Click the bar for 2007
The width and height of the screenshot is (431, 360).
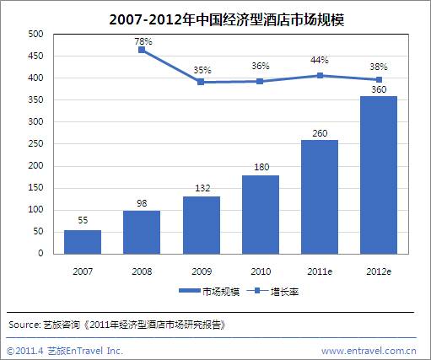[x=83, y=242]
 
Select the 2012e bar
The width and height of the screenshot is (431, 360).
[x=379, y=175]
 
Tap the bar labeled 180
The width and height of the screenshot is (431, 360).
[x=261, y=215]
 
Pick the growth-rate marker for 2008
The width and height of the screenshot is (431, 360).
[x=142, y=50]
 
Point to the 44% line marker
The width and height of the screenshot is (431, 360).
[x=320, y=75]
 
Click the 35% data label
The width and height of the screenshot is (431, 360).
[x=202, y=70]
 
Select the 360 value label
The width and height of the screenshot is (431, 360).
[x=379, y=89]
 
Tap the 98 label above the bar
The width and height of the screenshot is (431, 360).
[x=142, y=203]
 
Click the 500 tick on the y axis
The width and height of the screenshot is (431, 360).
[x=35, y=34]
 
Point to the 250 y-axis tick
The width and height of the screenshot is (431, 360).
[x=35, y=143]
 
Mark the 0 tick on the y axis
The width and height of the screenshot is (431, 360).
[x=40, y=253]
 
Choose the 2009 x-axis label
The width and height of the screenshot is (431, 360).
[x=202, y=271]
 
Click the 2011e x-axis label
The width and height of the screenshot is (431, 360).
[x=320, y=271]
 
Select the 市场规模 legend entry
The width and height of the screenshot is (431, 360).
[x=209, y=292]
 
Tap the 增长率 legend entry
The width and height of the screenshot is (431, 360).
[x=272, y=292]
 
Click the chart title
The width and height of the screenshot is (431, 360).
[x=227, y=19]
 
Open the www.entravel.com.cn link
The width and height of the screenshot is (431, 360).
[x=369, y=351]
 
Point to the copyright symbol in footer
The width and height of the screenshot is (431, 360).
[x=10, y=351]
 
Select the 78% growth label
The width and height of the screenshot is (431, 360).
[x=143, y=41]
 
